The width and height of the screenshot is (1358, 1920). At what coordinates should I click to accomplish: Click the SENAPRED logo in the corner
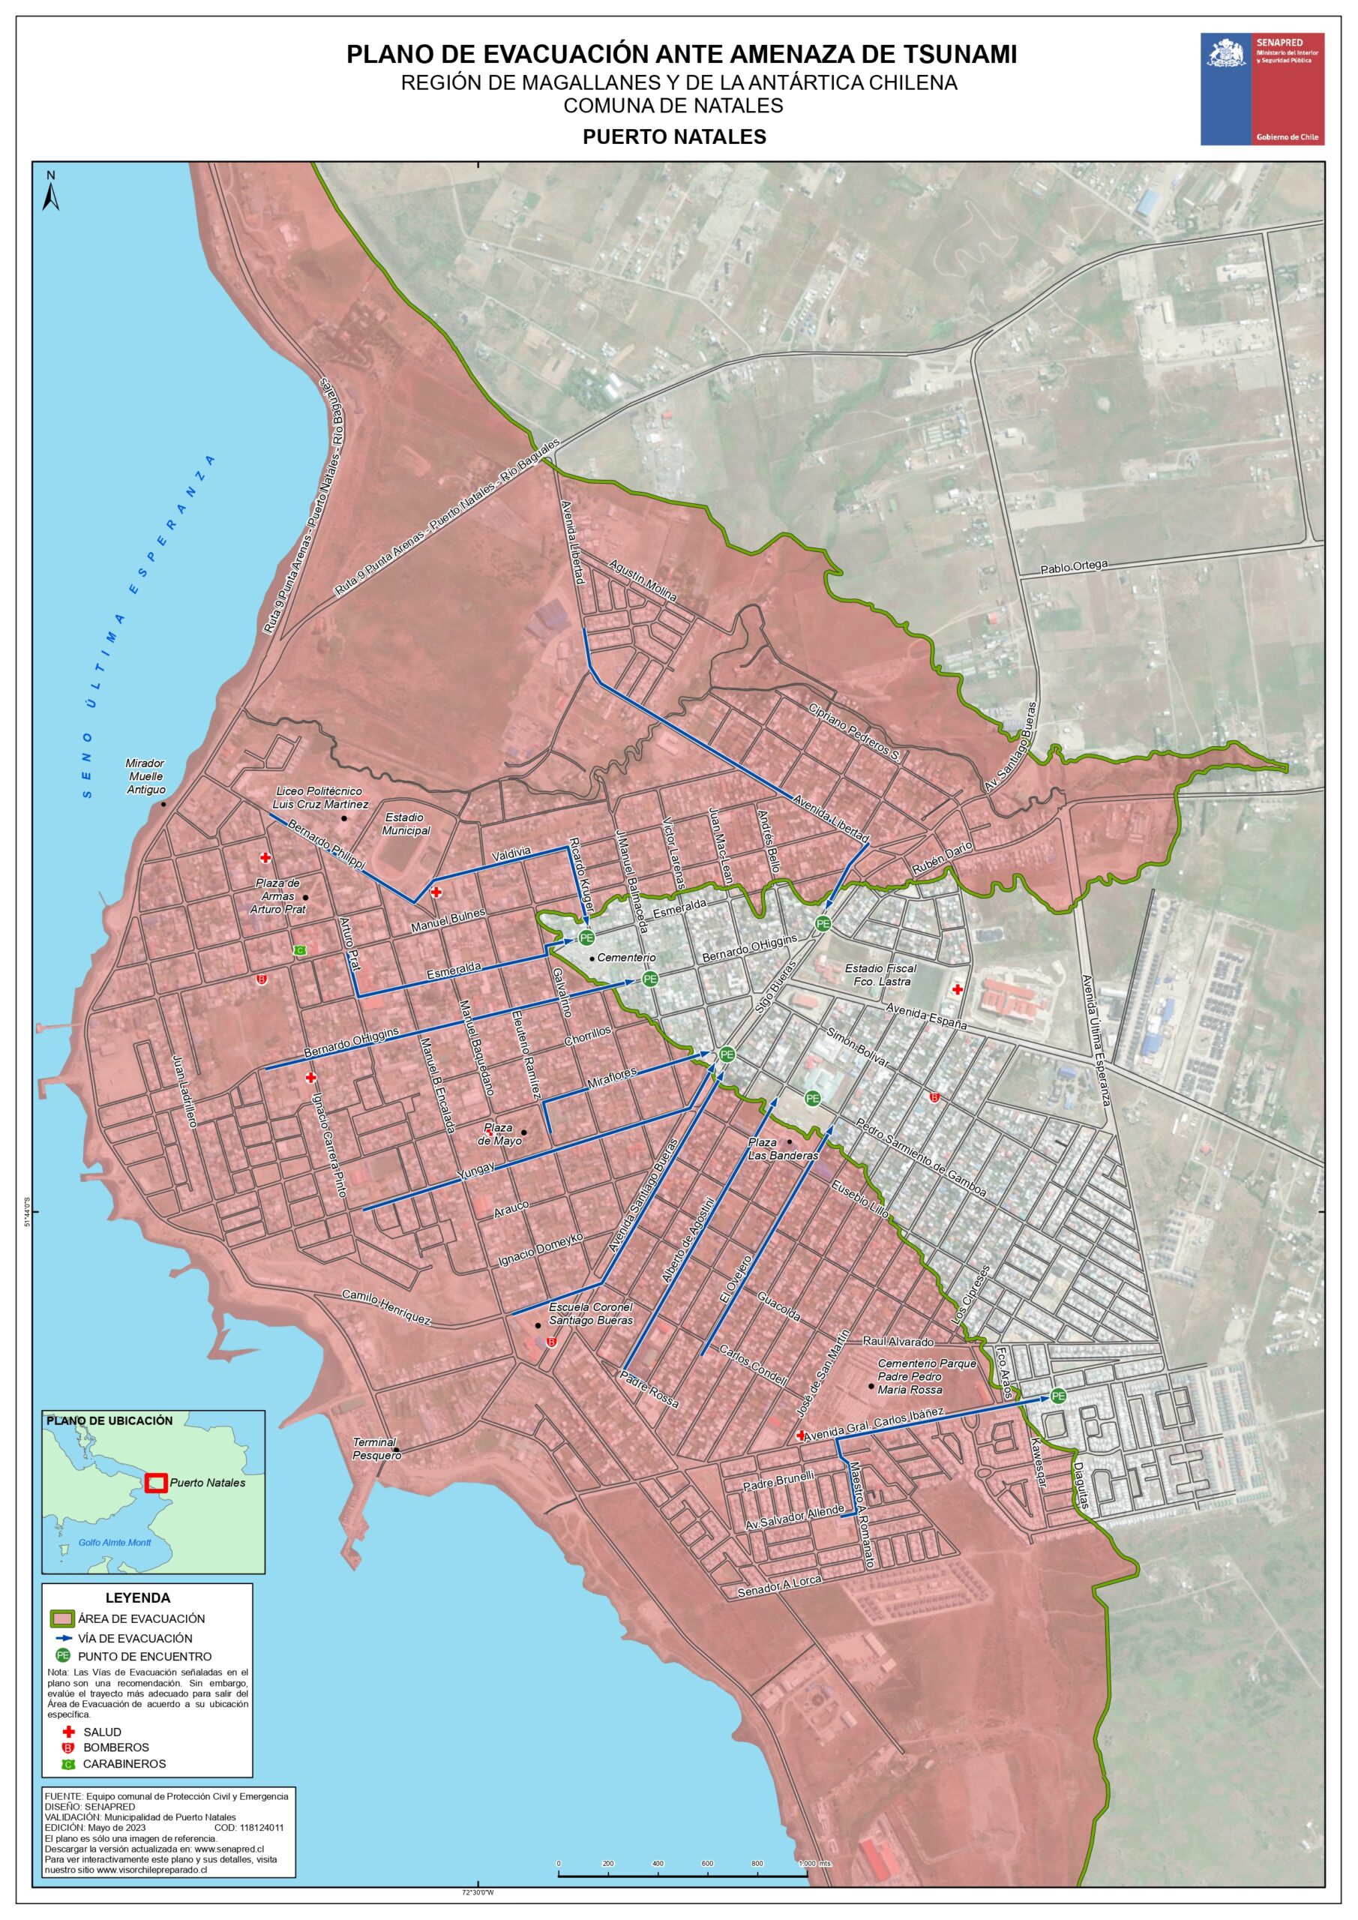1262,88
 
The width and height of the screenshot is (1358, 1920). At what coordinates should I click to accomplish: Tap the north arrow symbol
51,191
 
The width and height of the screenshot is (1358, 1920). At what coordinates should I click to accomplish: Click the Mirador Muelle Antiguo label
145,776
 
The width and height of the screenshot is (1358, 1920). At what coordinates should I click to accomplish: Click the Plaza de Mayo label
499,1134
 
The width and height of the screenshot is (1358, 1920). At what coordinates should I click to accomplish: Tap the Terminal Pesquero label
376,1448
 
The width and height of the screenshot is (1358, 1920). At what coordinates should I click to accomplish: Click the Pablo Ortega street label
1073,567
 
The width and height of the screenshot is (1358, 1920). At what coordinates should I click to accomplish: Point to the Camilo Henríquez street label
385,1306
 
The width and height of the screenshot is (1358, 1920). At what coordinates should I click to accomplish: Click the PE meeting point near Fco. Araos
1059,1396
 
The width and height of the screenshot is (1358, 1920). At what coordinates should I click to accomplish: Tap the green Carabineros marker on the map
300,950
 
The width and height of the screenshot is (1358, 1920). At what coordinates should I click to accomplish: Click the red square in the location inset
155,1483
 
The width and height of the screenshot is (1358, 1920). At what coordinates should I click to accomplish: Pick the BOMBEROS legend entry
115,1747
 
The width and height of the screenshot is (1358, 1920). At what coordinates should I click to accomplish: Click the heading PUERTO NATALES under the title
674,137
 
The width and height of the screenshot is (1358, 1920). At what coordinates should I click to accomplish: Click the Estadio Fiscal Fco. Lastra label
880,974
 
